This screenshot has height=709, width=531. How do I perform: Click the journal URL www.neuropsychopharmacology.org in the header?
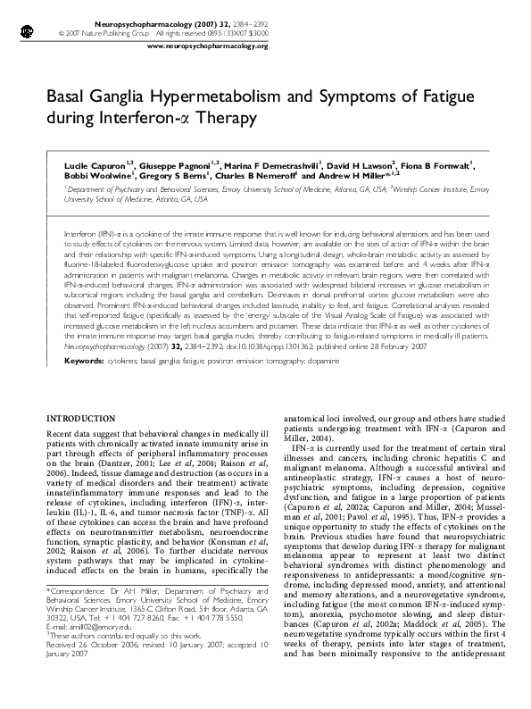(206, 45)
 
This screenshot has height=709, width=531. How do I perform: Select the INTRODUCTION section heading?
(87, 417)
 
